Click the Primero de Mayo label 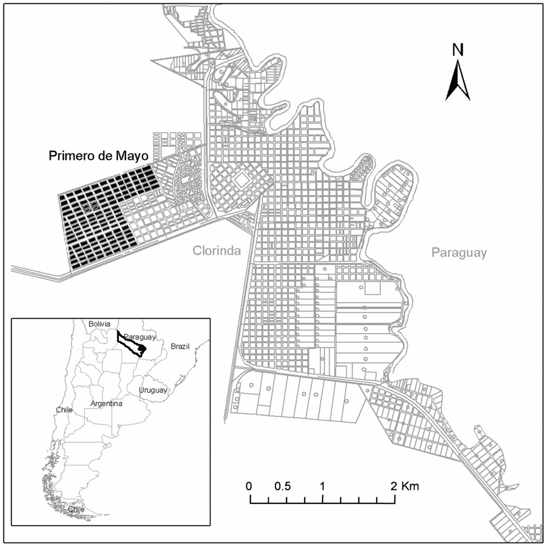point(99,155)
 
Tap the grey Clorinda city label point(217,252)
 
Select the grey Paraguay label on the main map point(459,253)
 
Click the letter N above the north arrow point(458,49)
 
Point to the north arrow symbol point(458,81)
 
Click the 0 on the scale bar point(250,487)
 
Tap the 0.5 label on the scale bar point(283,487)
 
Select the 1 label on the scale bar point(322,487)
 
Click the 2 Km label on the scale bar point(405,487)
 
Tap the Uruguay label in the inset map point(153,390)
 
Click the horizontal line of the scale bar point(322,503)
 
